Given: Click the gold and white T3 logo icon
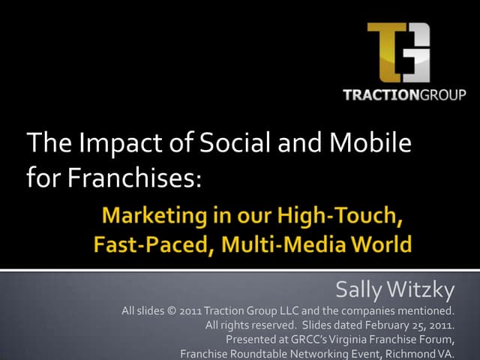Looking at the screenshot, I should (x=398, y=53).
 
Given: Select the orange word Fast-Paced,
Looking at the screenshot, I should (x=148, y=244).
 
